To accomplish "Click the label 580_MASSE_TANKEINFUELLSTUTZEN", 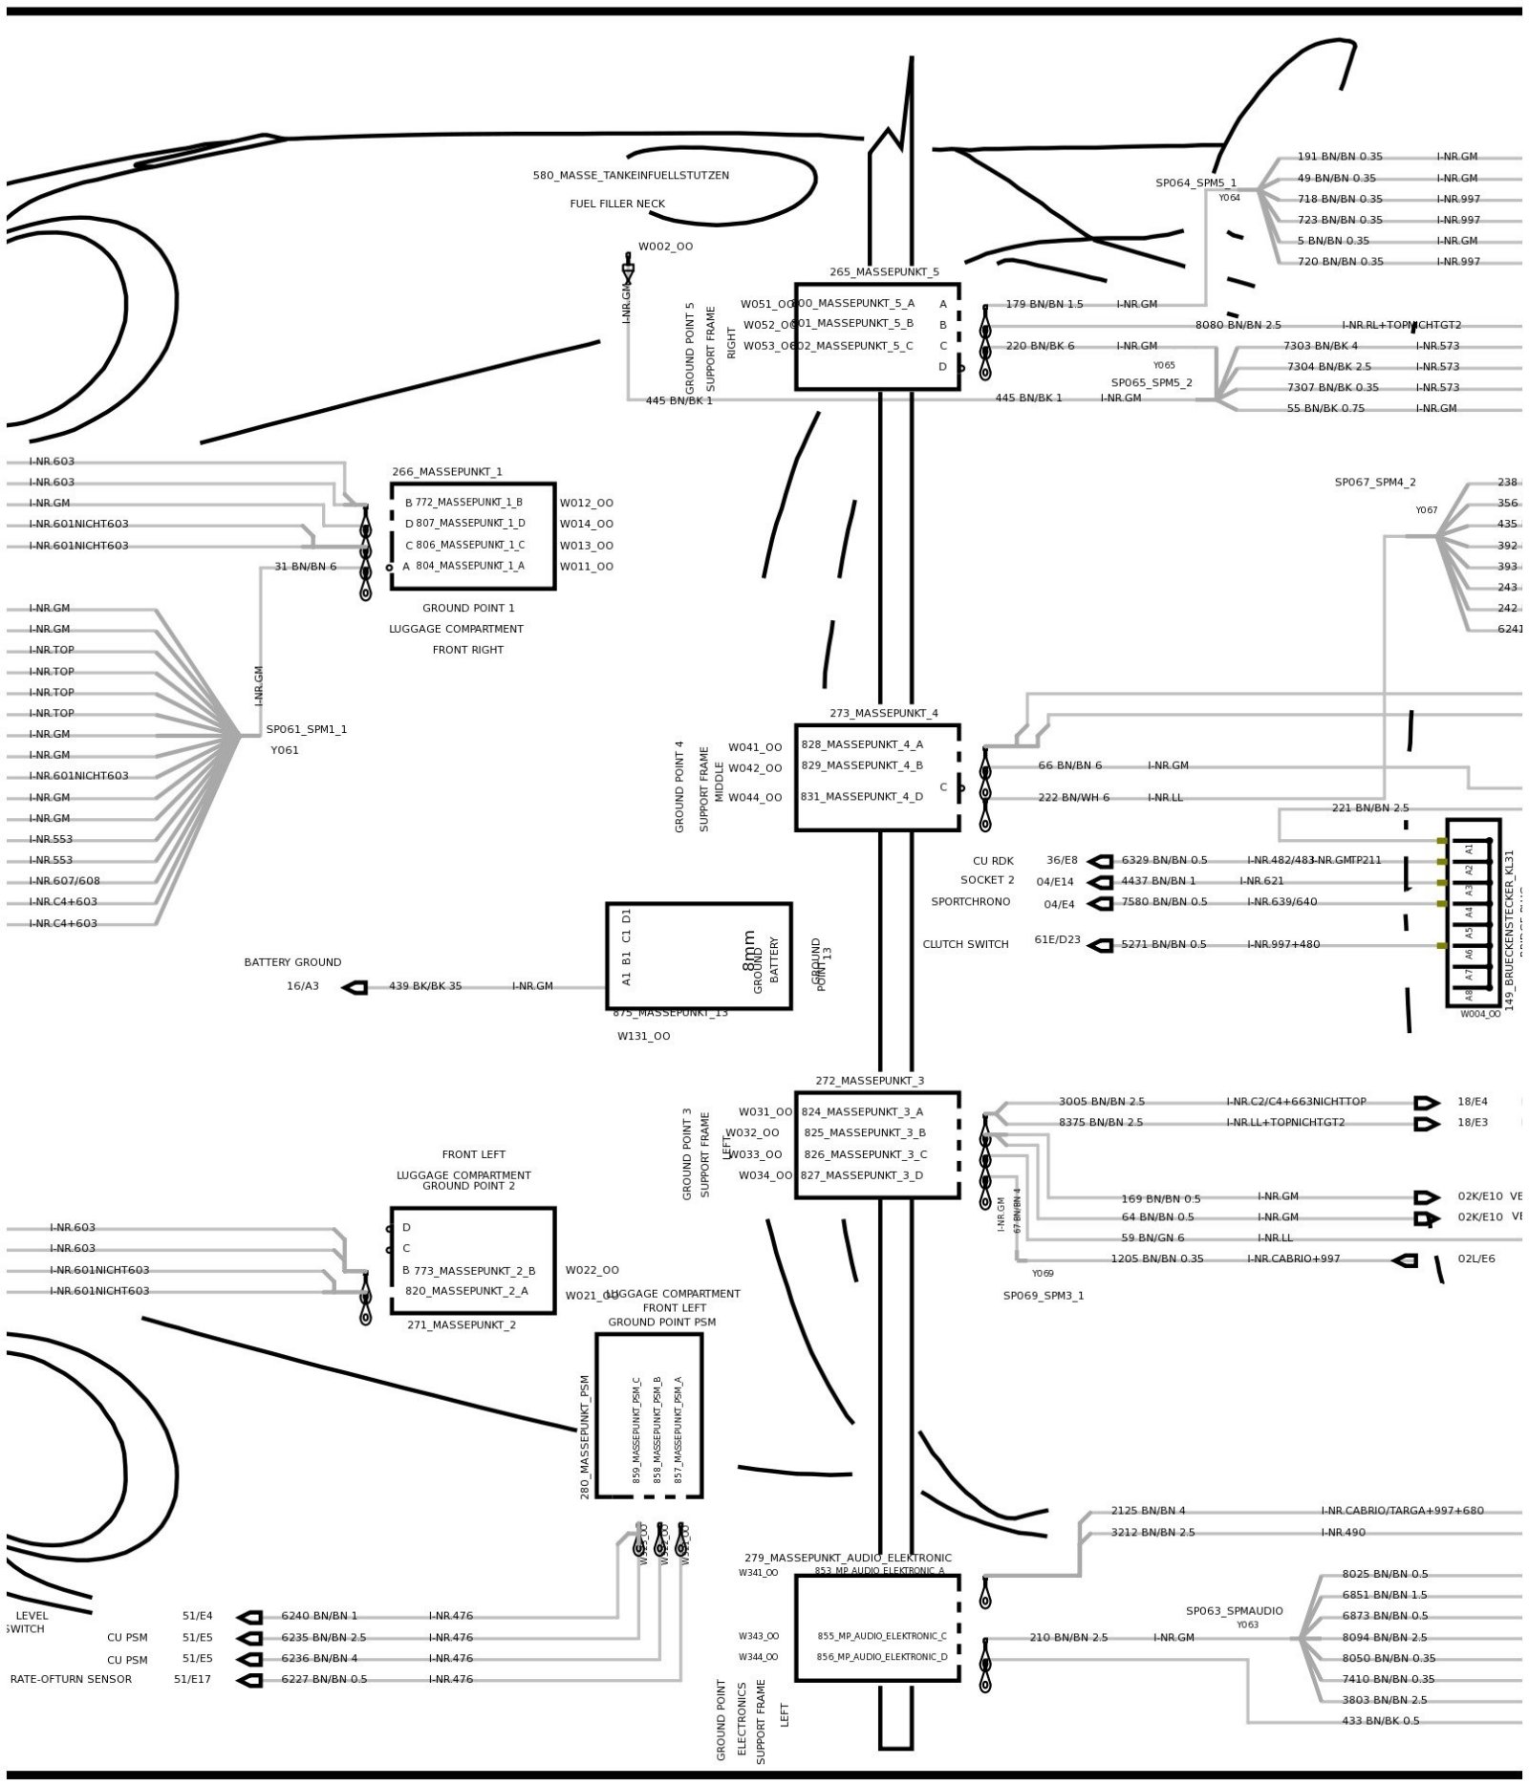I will point(630,176).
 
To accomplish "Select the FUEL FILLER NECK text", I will point(617,204).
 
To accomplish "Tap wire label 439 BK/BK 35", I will point(424,986).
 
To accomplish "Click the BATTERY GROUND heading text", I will point(292,962).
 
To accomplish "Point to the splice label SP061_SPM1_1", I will point(307,729).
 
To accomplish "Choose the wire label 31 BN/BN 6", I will point(305,567).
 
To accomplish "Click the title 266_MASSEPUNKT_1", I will point(446,471).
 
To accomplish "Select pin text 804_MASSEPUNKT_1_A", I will point(469,566).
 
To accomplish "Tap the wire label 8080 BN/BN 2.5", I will point(1238,325).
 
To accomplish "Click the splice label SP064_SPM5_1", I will point(1195,183).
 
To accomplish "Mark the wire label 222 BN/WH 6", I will point(1073,797).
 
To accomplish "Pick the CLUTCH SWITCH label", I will point(965,944).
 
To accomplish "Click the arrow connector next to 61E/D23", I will point(1101,945).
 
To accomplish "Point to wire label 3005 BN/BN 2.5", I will point(1101,1102).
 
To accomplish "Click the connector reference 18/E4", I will point(1472,1102).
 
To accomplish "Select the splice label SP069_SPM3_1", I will point(1043,1296).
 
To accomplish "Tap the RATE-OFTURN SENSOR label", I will point(71,1679).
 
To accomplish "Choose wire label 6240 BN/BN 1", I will point(318,1616).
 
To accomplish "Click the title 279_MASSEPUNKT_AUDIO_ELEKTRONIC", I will point(848,1558).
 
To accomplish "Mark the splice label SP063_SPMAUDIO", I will point(1234,1610).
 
